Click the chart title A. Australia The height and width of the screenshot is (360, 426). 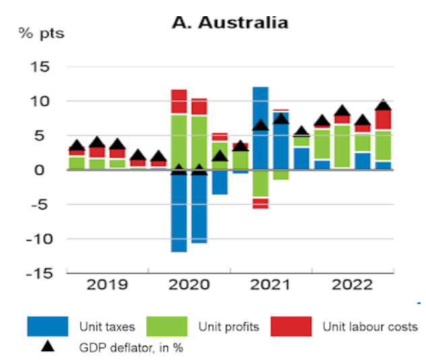[230, 22]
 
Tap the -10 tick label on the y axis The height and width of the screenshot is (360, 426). [38, 239]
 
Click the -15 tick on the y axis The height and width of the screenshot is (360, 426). [38, 273]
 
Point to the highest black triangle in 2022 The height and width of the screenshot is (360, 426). [383, 104]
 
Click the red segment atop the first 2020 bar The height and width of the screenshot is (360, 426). [179, 101]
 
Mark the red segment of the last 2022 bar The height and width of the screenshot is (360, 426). [383, 119]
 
